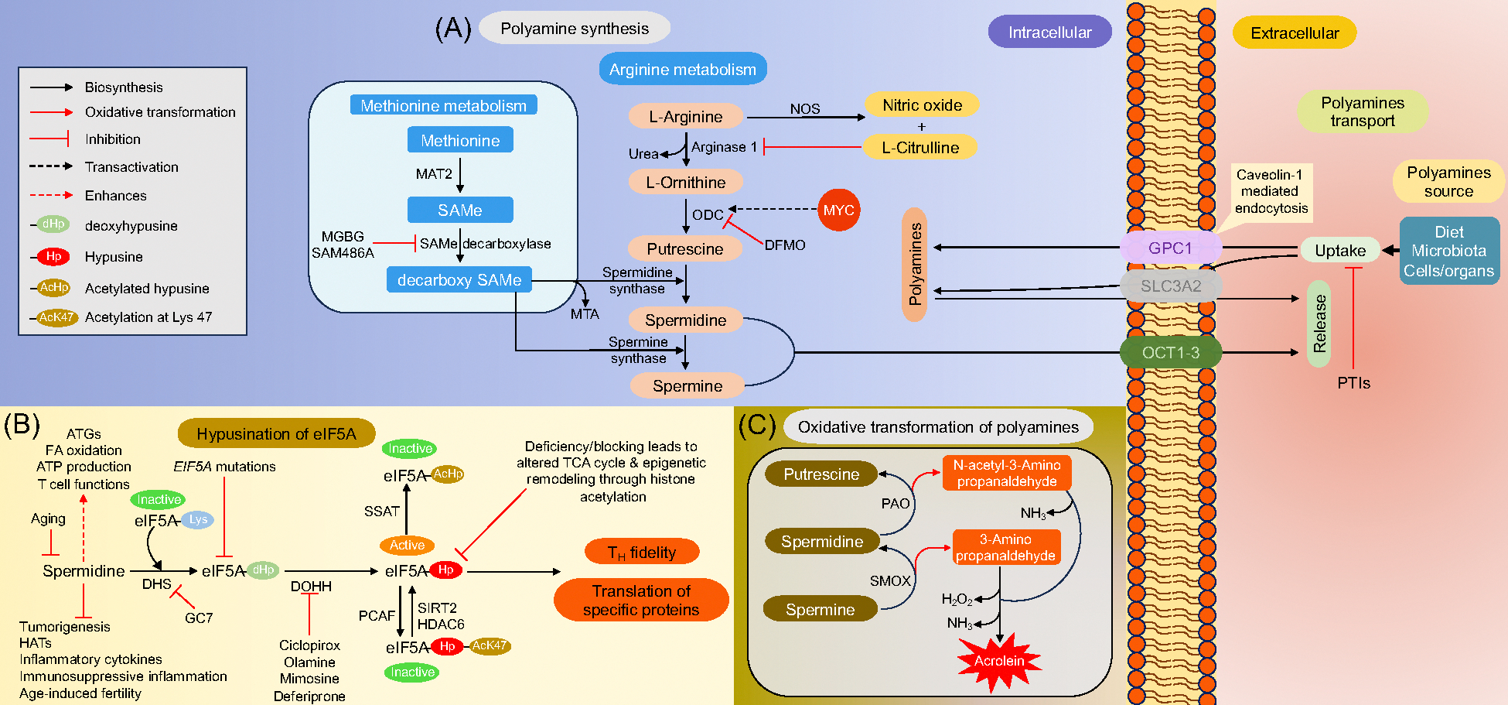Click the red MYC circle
[838, 210]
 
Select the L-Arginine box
[686, 117]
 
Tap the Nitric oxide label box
[922, 105]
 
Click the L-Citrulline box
[919, 148]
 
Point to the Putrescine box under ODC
[685, 249]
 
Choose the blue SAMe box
[460, 210]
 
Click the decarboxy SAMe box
[459, 280]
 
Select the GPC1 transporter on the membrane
[1170, 248]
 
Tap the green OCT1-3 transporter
[1170, 353]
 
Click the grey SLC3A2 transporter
[1171, 286]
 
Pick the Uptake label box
[1340, 251]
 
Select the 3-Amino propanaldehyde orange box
[1005, 548]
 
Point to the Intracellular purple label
[1049, 33]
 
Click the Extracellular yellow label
[1295, 33]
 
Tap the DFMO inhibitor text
[785, 245]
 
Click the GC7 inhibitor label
[199, 618]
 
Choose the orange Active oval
[407, 545]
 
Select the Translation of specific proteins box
[641, 601]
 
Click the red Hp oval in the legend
[54, 257]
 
